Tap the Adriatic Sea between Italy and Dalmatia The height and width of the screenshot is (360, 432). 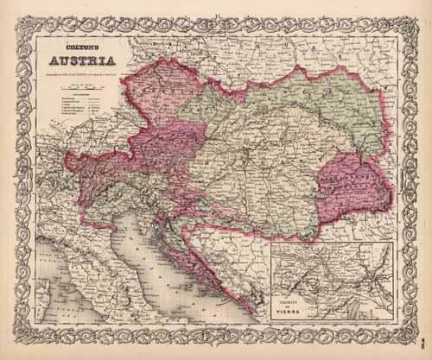tap(164, 259)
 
